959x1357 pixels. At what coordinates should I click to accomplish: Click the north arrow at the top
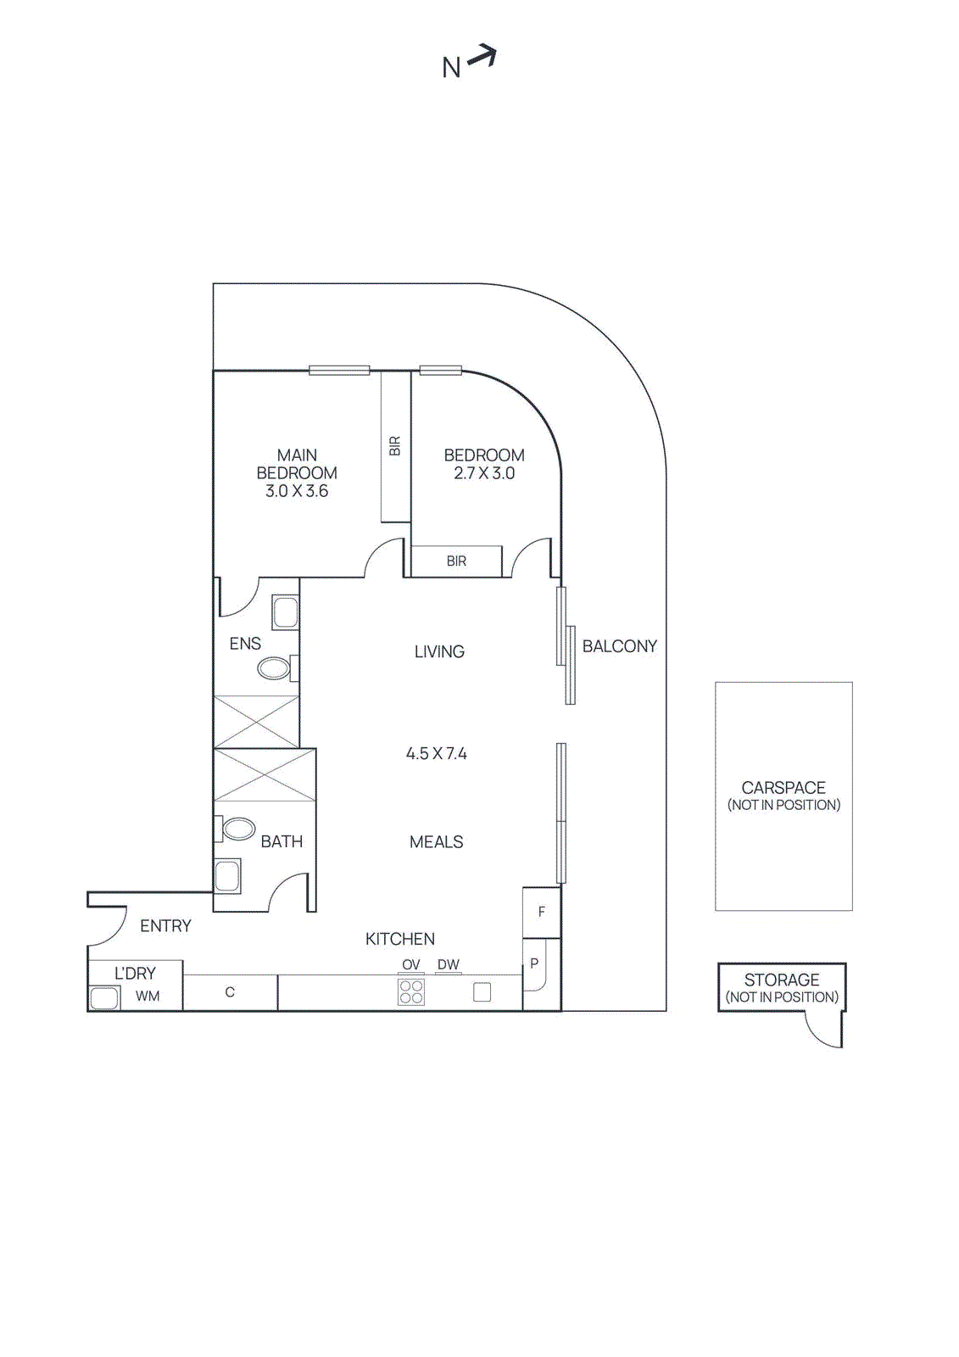click(x=482, y=57)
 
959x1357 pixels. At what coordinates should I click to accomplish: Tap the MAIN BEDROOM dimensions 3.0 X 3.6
click(x=297, y=491)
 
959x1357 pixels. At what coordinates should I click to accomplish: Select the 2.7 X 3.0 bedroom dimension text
click(x=484, y=473)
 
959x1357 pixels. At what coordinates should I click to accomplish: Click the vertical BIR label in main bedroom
click(x=394, y=446)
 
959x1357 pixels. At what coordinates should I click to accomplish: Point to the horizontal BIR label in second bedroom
click(x=456, y=561)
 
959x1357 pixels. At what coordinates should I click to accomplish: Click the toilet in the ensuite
click(x=274, y=668)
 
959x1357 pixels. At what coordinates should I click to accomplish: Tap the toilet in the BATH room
click(x=238, y=829)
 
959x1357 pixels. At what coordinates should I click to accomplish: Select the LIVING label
click(x=439, y=651)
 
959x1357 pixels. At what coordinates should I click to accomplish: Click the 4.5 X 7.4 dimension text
click(x=436, y=753)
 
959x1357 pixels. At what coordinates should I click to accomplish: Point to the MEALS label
click(x=436, y=841)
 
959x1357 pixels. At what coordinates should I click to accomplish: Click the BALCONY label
click(x=619, y=646)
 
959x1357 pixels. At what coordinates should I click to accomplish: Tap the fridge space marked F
click(x=541, y=912)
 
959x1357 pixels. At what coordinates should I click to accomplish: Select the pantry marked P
click(x=534, y=963)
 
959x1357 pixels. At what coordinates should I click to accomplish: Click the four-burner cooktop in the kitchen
click(x=411, y=991)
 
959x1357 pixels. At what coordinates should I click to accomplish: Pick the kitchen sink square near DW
click(x=482, y=991)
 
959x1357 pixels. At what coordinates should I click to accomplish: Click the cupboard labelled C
click(x=230, y=991)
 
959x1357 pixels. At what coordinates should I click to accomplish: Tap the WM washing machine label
click(x=148, y=996)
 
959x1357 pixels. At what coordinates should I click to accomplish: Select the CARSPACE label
click(x=783, y=788)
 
